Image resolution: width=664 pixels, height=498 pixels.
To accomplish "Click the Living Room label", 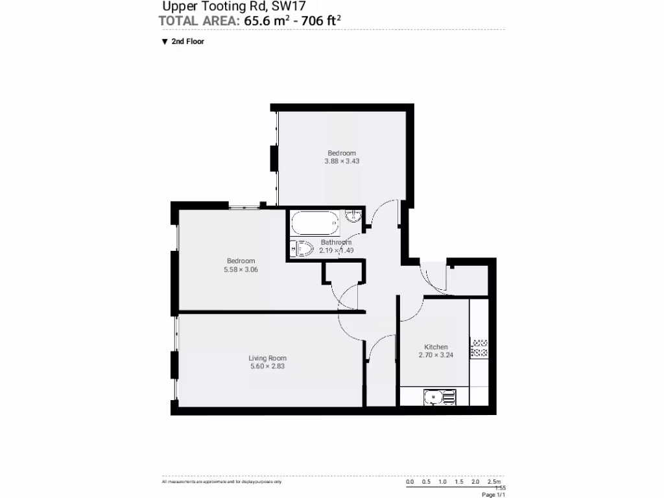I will pyautogui.click(x=267, y=358).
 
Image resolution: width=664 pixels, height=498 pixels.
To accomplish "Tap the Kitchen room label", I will pyautogui.click(x=436, y=347).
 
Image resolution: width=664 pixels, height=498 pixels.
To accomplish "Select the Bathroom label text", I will pyautogui.click(x=336, y=243).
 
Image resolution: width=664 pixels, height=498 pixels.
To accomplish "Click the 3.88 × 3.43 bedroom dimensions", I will pyautogui.click(x=342, y=161).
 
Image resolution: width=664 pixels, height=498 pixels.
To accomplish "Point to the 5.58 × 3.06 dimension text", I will pyautogui.click(x=241, y=270).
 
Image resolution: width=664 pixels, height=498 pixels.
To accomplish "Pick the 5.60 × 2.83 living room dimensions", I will pyautogui.click(x=267, y=366).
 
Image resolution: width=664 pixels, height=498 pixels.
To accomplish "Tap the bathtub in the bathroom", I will pyautogui.click(x=314, y=226).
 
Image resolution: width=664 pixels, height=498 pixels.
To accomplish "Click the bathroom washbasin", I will pyautogui.click(x=353, y=217).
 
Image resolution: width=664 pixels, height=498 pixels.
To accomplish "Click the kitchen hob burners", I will pyautogui.click(x=479, y=349).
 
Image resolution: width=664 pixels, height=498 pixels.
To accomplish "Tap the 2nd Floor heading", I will pyautogui.click(x=188, y=41).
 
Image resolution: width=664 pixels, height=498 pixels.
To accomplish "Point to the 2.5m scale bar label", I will pyautogui.click(x=494, y=482).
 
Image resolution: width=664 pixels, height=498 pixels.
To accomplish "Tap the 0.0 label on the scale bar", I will pyautogui.click(x=410, y=482).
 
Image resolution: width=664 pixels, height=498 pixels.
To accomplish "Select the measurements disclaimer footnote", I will pyautogui.click(x=221, y=482).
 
